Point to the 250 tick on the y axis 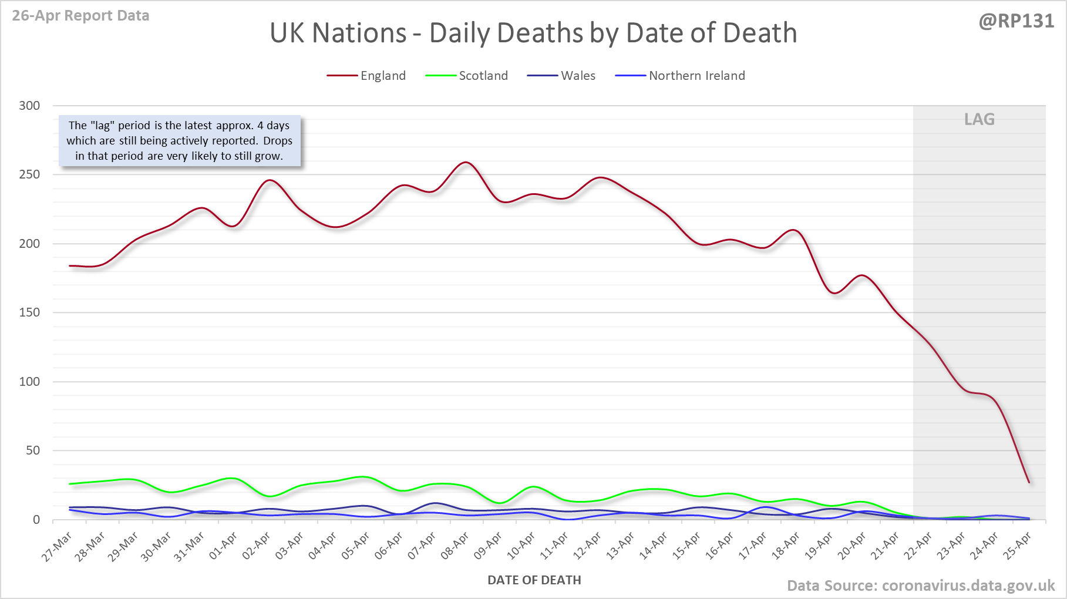pyautogui.click(x=29, y=174)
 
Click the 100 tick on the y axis pyautogui.click(x=29, y=382)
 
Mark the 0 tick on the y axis pyautogui.click(x=36, y=520)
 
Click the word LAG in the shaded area pyautogui.click(x=979, y=120)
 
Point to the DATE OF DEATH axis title pyautogui.click(x=534, y=580)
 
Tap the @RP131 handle pyautogui.click(x=1016, y=21)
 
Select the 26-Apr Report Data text pyautogui.click(x=80, y=16)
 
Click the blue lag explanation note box pyautogui.click(x=179, y=141)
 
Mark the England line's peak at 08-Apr pyautogui.click(x=466, y=162)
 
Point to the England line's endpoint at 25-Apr pyautogui.click(x=1029, y=483)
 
